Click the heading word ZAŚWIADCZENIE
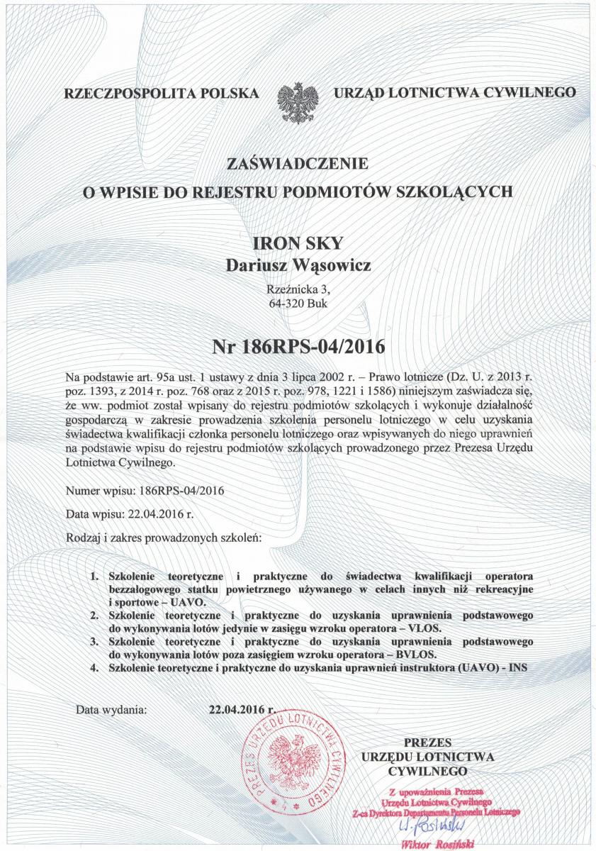coord(298,164)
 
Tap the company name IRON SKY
coord(298,244)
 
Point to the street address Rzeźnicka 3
coord(298,289)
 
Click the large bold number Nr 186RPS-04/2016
coord(298,347)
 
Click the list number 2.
coord(94,615)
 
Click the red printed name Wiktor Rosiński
coord(437,844)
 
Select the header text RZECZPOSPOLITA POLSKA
coord(160,93)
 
